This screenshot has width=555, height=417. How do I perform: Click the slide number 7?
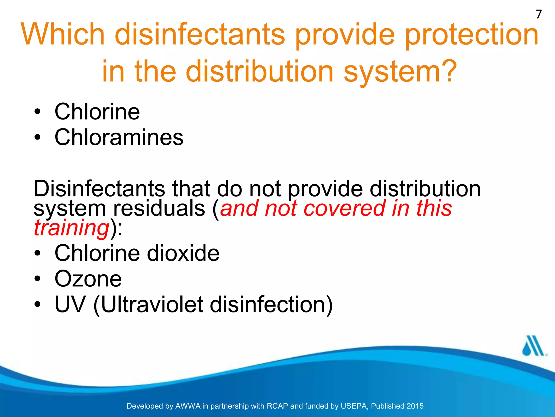[x=539, y=14]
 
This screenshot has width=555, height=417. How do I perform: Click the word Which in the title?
[x=63, y=34]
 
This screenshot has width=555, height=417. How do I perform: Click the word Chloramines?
[x=119, y=137]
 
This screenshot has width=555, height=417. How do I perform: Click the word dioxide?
[x=183, y=253]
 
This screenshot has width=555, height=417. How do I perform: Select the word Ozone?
[x=88, y=279]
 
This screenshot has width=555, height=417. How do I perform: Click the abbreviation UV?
[x=70, y=304]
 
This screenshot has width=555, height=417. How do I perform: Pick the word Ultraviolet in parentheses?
[x=152, y=304]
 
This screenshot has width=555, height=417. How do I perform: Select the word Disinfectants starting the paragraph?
[x=99, y=189]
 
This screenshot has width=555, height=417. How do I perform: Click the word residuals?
[x=159, y=208]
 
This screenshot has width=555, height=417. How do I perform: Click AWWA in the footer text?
[x=188, y=406]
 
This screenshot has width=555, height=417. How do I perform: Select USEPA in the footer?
[x=354, y=406]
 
